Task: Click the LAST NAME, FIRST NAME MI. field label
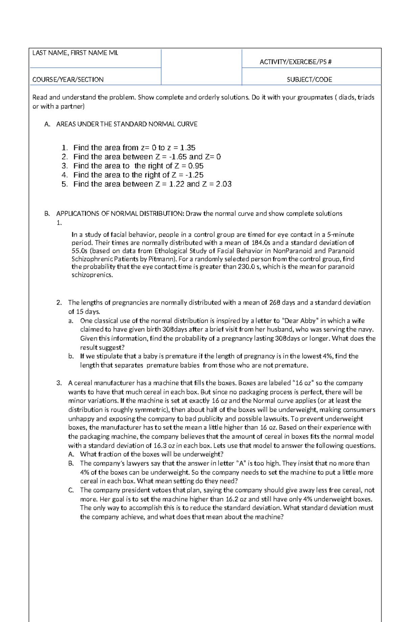coord(75,53)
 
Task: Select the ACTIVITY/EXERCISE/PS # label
coord(295,62)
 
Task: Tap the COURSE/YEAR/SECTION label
coord(68,80)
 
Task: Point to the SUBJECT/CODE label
coord(309,80)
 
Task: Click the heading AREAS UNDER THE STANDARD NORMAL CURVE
coord(127,124)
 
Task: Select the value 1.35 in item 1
coord(187,148)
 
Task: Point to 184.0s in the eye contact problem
coord(261,243)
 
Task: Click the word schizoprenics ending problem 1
coord(92,275)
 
